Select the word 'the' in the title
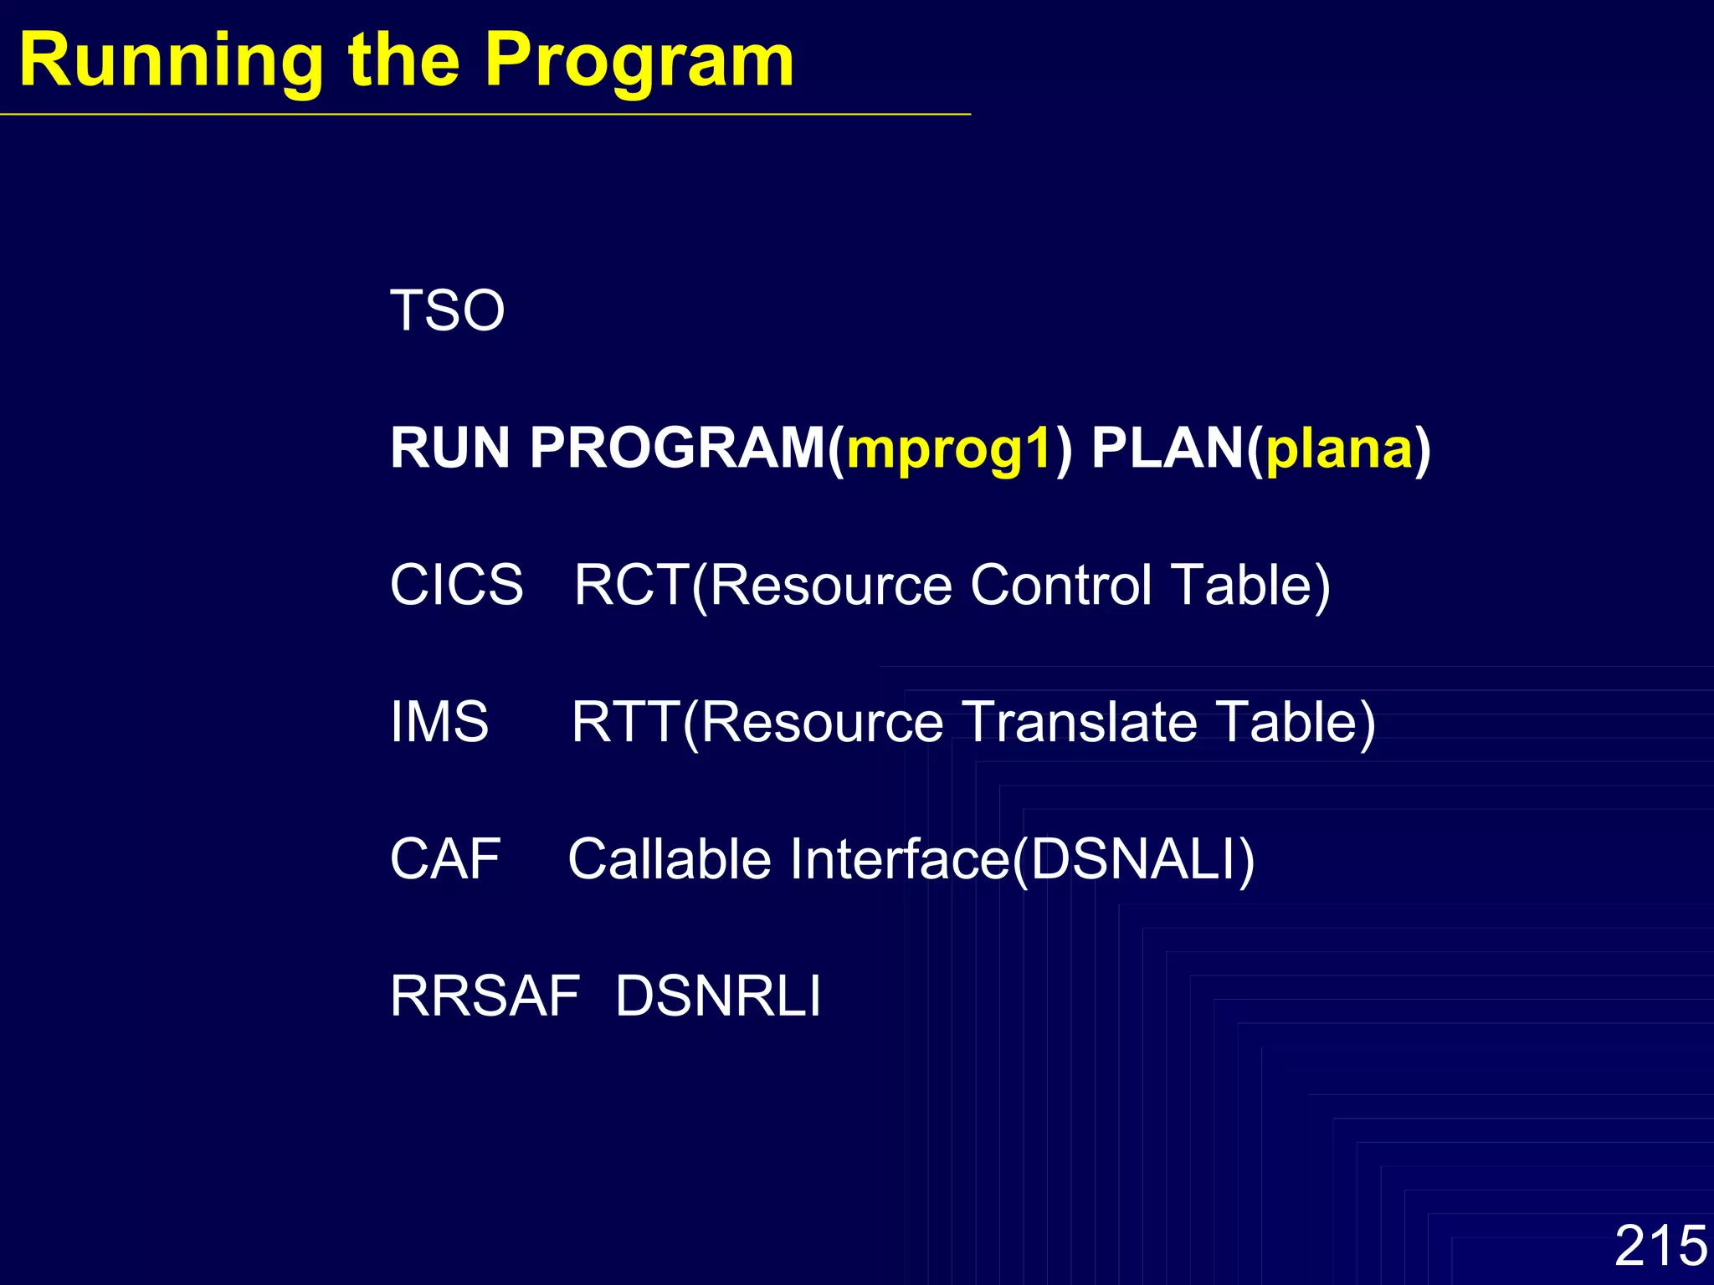tap(404, 60)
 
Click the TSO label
tap(448, 310)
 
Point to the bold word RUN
tap(450, 448)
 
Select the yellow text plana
tap(1338, 449)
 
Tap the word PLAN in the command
tap(1167, 448)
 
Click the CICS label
tap(457, 585)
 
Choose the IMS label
tap(439, 722)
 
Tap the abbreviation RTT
tap(625, 722)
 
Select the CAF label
tap(445, 859)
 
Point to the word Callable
tap(669, 859)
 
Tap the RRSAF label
tap(485, 996)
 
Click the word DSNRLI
tap(718, 996)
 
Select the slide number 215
tap(1660, 1246)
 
